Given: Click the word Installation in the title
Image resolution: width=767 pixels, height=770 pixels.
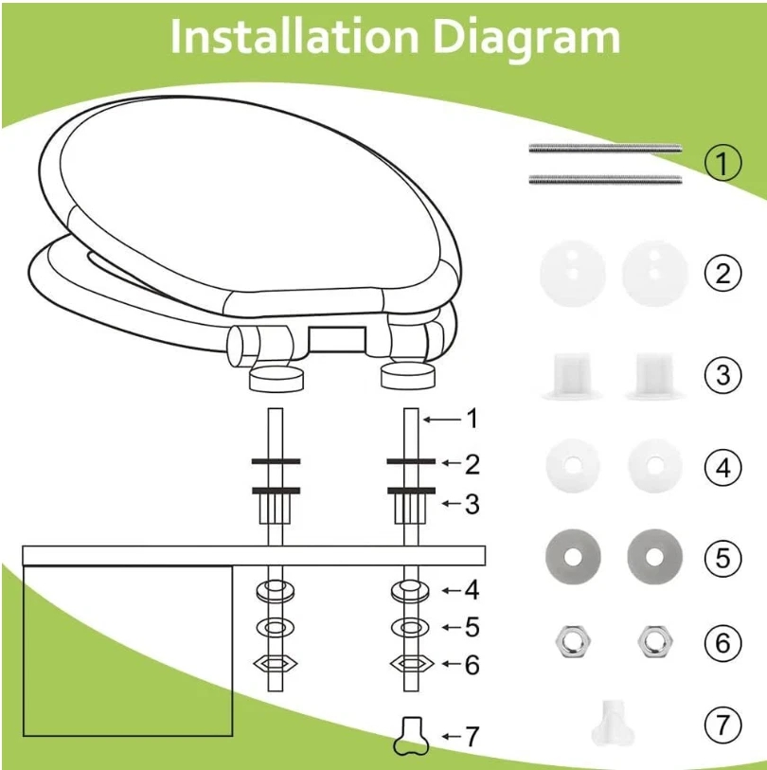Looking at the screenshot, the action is (x=294, y=37).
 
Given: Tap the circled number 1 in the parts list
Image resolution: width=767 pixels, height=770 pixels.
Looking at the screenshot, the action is (x=722, y=163).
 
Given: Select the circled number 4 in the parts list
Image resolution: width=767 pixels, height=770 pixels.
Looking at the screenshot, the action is (x=722, y=468).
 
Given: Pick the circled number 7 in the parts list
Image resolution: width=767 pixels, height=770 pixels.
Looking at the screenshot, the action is (x=722, y=725).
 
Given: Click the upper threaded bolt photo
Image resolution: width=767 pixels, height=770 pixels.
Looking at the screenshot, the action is (x=605, y=148).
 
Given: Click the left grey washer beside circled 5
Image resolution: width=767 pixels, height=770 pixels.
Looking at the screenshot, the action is (x=573, y=557).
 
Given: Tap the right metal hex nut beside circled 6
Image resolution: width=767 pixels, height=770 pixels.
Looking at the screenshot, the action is (x=655, y=641).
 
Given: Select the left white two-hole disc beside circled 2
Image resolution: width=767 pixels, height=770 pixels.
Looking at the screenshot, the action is (x=573, y=274).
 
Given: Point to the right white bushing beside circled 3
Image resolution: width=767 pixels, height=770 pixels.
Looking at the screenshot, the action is (x=655, y=374).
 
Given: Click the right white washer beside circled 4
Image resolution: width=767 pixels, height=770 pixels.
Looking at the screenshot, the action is (x=655, y=466).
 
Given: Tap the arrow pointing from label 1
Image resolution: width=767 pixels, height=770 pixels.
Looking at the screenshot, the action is (x=442, y=420).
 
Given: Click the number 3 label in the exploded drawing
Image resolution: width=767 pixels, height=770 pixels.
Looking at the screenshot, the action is (x=472, y=504).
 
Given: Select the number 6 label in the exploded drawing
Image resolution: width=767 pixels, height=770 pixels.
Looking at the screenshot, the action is (x=472, y=665).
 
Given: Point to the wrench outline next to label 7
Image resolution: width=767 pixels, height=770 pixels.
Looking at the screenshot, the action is (x=411, y=736).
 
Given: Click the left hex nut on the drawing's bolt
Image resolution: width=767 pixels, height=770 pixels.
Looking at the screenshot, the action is (x=276, y=665).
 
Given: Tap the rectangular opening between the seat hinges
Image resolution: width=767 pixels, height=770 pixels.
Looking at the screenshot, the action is (x=337, y=339).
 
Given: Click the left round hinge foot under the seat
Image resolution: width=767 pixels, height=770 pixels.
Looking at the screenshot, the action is (x=276, y=379).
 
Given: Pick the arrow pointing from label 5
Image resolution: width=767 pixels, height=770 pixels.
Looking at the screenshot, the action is (x=452, y=627).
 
